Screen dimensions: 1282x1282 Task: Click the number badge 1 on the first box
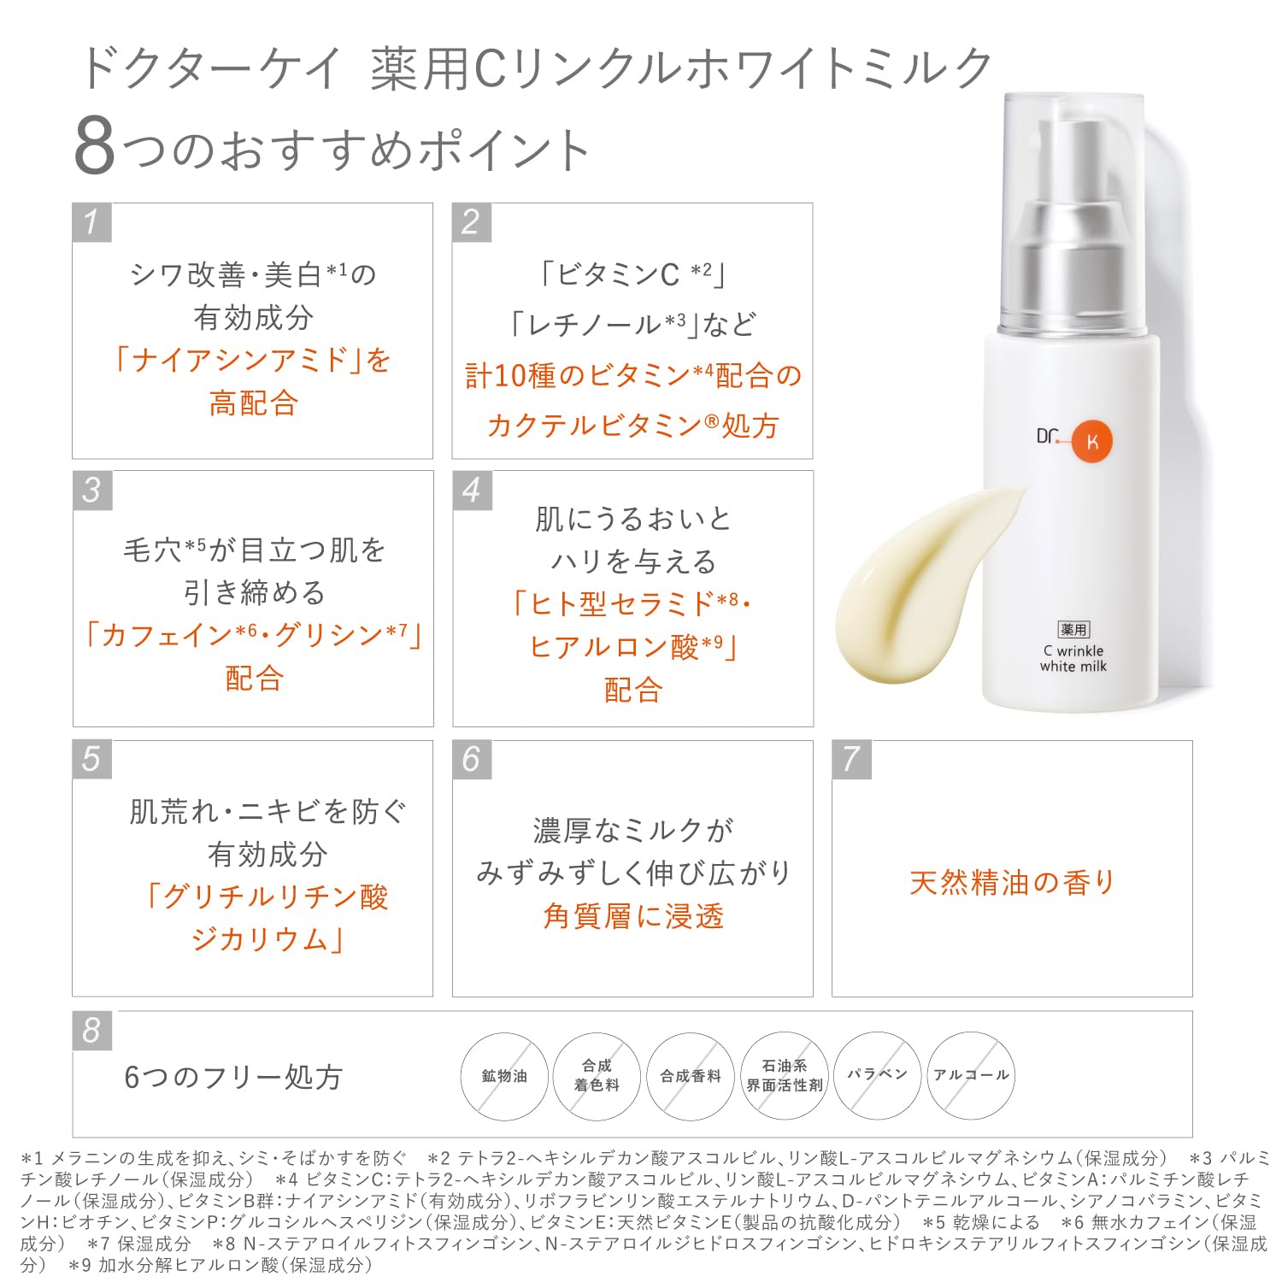tap(91, 222)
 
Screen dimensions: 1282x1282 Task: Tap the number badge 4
tap(472, 491)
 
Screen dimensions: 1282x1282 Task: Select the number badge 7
tap(851, 759)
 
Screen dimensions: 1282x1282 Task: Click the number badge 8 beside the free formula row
tap(91, 1031)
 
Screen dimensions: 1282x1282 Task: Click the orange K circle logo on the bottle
tap(1091, 441)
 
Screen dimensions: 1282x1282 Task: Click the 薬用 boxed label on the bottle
tap(1073, 630)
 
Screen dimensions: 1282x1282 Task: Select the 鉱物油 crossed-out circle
tap(504, 1076)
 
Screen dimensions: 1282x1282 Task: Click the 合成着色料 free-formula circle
tap(597, 1075)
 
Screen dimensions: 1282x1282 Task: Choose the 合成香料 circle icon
tap(691, 1076)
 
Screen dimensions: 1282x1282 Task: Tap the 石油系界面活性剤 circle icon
tap(784, 1075)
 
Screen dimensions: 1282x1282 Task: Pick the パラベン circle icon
tap(877, 1075)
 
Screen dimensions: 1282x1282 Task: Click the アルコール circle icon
tap(971, 1075)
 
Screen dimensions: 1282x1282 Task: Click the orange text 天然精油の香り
tap(1012, 882)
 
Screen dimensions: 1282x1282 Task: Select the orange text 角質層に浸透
tap(633, 916)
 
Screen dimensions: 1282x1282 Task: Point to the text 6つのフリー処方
tap(233, 1077)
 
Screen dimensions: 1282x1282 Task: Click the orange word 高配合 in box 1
tap(253, 403)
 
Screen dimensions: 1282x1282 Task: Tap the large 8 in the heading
tap(95, 147)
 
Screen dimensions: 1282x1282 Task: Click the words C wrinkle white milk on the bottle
tap(1073, 659)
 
